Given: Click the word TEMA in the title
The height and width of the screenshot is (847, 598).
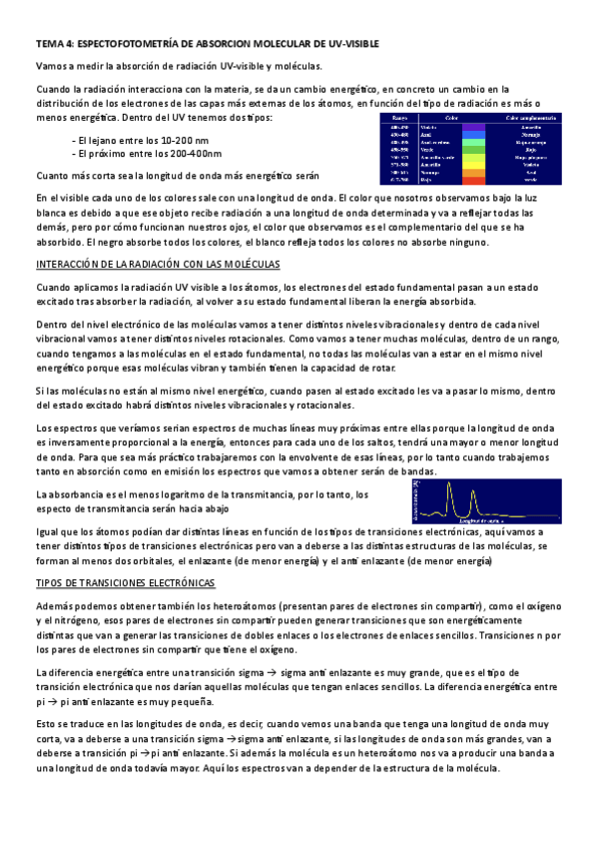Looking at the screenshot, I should pos(48,44).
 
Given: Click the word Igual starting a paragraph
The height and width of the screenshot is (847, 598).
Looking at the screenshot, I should pos(48,532).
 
